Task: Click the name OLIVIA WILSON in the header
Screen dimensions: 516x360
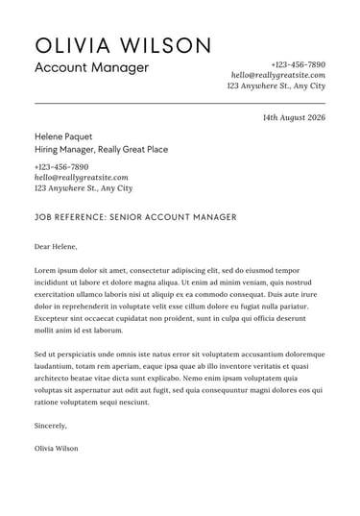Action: tap(122, 45)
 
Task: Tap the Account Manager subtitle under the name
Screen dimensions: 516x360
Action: tap(91, 68)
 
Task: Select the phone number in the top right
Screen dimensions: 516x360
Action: tap(298, 63)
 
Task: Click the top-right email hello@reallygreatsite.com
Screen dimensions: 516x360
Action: tap(277, 75)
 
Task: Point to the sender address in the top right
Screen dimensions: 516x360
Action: tap(276, 86)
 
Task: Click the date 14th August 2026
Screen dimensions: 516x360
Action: tap(294, 117)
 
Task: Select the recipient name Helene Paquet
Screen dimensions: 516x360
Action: tap(65, 136)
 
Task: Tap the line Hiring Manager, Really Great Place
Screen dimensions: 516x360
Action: tap(101, 150)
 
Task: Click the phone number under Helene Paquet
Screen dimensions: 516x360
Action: tap(60, 166)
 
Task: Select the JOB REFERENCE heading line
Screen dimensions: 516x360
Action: tap(134, 217)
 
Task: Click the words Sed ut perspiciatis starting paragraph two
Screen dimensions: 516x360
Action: tap(70, 355)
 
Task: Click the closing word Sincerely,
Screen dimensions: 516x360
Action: tap(51, 425)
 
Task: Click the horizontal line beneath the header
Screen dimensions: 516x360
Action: tap(180, 102)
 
